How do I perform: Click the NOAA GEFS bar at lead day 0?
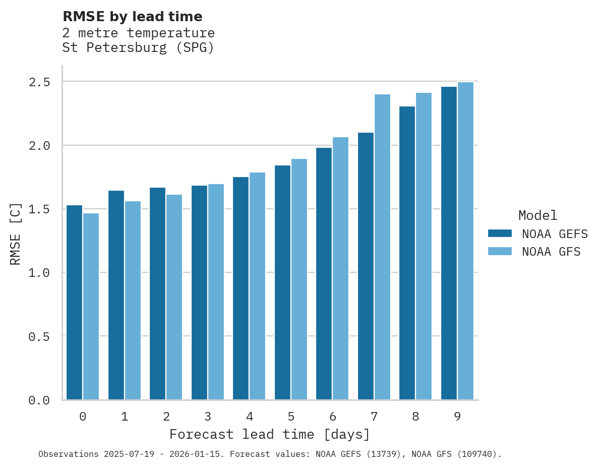click(74, 303)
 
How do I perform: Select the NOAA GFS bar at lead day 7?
click(383, 247)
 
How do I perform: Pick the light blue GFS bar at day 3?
click(216, 292)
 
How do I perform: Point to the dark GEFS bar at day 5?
click(282, 282)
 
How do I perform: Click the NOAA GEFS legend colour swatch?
click(500, 233)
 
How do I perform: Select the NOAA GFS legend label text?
click(551, 252)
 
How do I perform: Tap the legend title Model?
click(537, 215)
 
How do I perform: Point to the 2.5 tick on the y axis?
click(39, 82)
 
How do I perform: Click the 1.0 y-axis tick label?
click(39, 273)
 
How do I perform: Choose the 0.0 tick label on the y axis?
click(39, 400)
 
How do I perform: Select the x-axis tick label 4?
click(249, 417)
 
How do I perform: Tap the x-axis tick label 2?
click(166, 417)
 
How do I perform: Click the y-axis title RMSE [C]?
click(16, 233)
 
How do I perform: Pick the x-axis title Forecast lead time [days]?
click(270, 434)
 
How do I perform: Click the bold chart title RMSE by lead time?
click(132, 17)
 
